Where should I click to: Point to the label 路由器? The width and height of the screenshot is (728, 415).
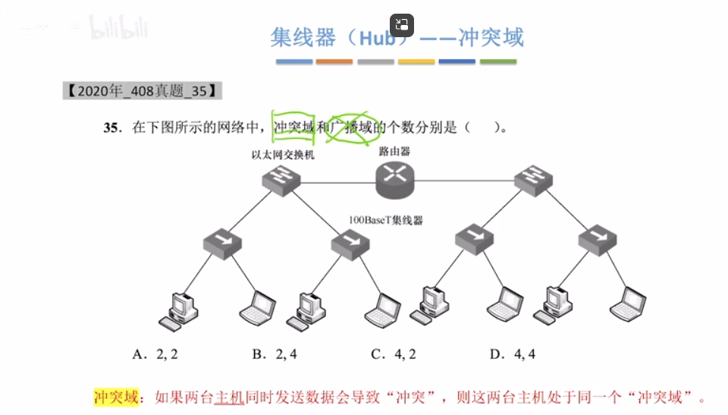coord(394,151)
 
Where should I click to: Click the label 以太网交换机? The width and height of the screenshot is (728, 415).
coord(283,155)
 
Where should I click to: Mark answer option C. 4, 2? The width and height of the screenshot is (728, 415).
coord(392,354)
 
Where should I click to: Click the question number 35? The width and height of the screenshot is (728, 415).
coord(113,127)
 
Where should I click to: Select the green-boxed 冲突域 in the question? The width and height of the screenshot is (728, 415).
coord(294,127)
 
